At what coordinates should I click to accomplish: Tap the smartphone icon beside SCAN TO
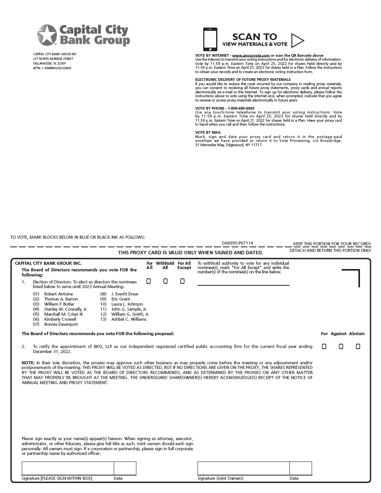pos(210,39)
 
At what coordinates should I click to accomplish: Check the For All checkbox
pos(148,281)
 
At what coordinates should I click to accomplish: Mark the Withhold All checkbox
pos(165,281)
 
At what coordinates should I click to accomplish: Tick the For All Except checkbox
pos(182,281)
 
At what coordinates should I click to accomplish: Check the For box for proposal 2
pos(324,346)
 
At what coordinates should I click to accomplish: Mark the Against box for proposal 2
pos(341,346)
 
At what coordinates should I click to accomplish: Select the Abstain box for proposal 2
pos(358,346)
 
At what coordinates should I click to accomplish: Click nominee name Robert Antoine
pos(58,294)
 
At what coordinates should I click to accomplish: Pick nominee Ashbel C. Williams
pos(129,319)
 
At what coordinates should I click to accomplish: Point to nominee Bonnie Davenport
pos(61,324)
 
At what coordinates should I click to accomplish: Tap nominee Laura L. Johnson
pos(127,304)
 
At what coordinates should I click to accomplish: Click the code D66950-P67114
pos(237,243)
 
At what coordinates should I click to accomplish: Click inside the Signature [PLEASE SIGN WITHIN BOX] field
pos(68,468)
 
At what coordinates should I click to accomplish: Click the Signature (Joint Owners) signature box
pos(243,468)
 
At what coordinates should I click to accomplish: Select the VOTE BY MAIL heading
pos(208,133)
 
